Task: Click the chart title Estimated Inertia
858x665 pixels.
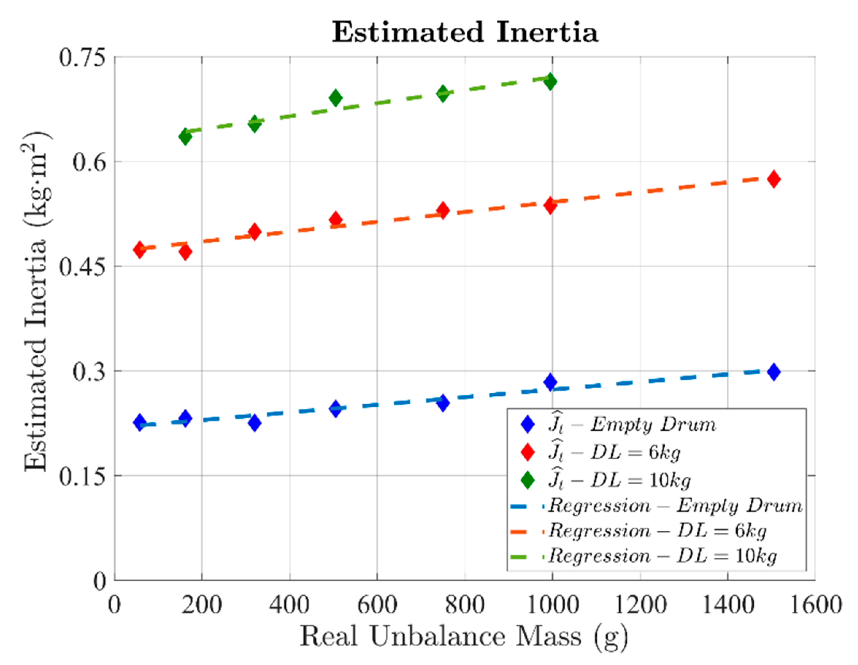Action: point(465,32)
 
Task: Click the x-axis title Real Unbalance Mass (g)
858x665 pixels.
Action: point(464,636)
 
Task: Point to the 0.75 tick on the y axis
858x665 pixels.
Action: point(82,57)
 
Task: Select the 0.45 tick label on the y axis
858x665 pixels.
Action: point(82,267)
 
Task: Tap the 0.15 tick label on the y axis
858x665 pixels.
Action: point(82,476)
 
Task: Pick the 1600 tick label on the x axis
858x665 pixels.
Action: point(815,605)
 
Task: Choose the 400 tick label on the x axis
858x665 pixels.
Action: point(289,605)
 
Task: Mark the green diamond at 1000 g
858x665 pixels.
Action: point(550,81)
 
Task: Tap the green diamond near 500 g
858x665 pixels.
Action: point(335,97)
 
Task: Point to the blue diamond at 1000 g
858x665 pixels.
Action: point(550,382)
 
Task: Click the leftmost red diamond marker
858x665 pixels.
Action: point(139,249)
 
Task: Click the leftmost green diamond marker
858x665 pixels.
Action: point(185,137)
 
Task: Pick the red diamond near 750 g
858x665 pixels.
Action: point(443,211)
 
